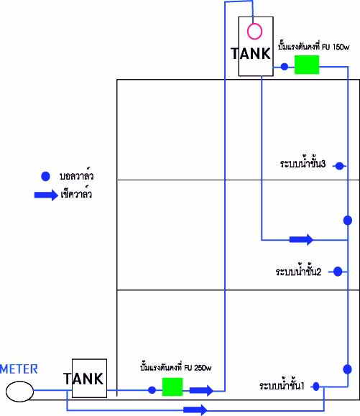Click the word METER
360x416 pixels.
click(19, 369)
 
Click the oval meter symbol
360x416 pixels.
click(19, 392)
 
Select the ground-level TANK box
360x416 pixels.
click(89, 379)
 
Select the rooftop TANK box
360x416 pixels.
click(256, 47)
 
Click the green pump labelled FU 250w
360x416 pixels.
click(172, 387)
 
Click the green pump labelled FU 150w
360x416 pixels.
click(307, 65)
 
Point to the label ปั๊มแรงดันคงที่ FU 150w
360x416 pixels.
click(314, 47)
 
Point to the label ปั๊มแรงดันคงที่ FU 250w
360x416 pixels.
click(176, 367)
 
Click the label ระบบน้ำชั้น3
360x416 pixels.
click(303, 164)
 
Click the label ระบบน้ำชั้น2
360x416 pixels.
click(298, 272)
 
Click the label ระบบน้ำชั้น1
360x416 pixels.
click(282, 386)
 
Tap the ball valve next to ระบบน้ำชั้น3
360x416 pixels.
click(340, 166)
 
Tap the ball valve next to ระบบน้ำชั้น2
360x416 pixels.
click(338, 272)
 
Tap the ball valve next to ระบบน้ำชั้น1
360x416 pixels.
click(316, 387)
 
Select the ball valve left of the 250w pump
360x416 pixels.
click(152, 390)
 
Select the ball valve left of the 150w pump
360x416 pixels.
click(285, 67)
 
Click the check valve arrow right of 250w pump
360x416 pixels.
click(201, 390)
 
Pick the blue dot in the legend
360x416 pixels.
click(45, 177)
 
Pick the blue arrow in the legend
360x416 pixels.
click(46, 195)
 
